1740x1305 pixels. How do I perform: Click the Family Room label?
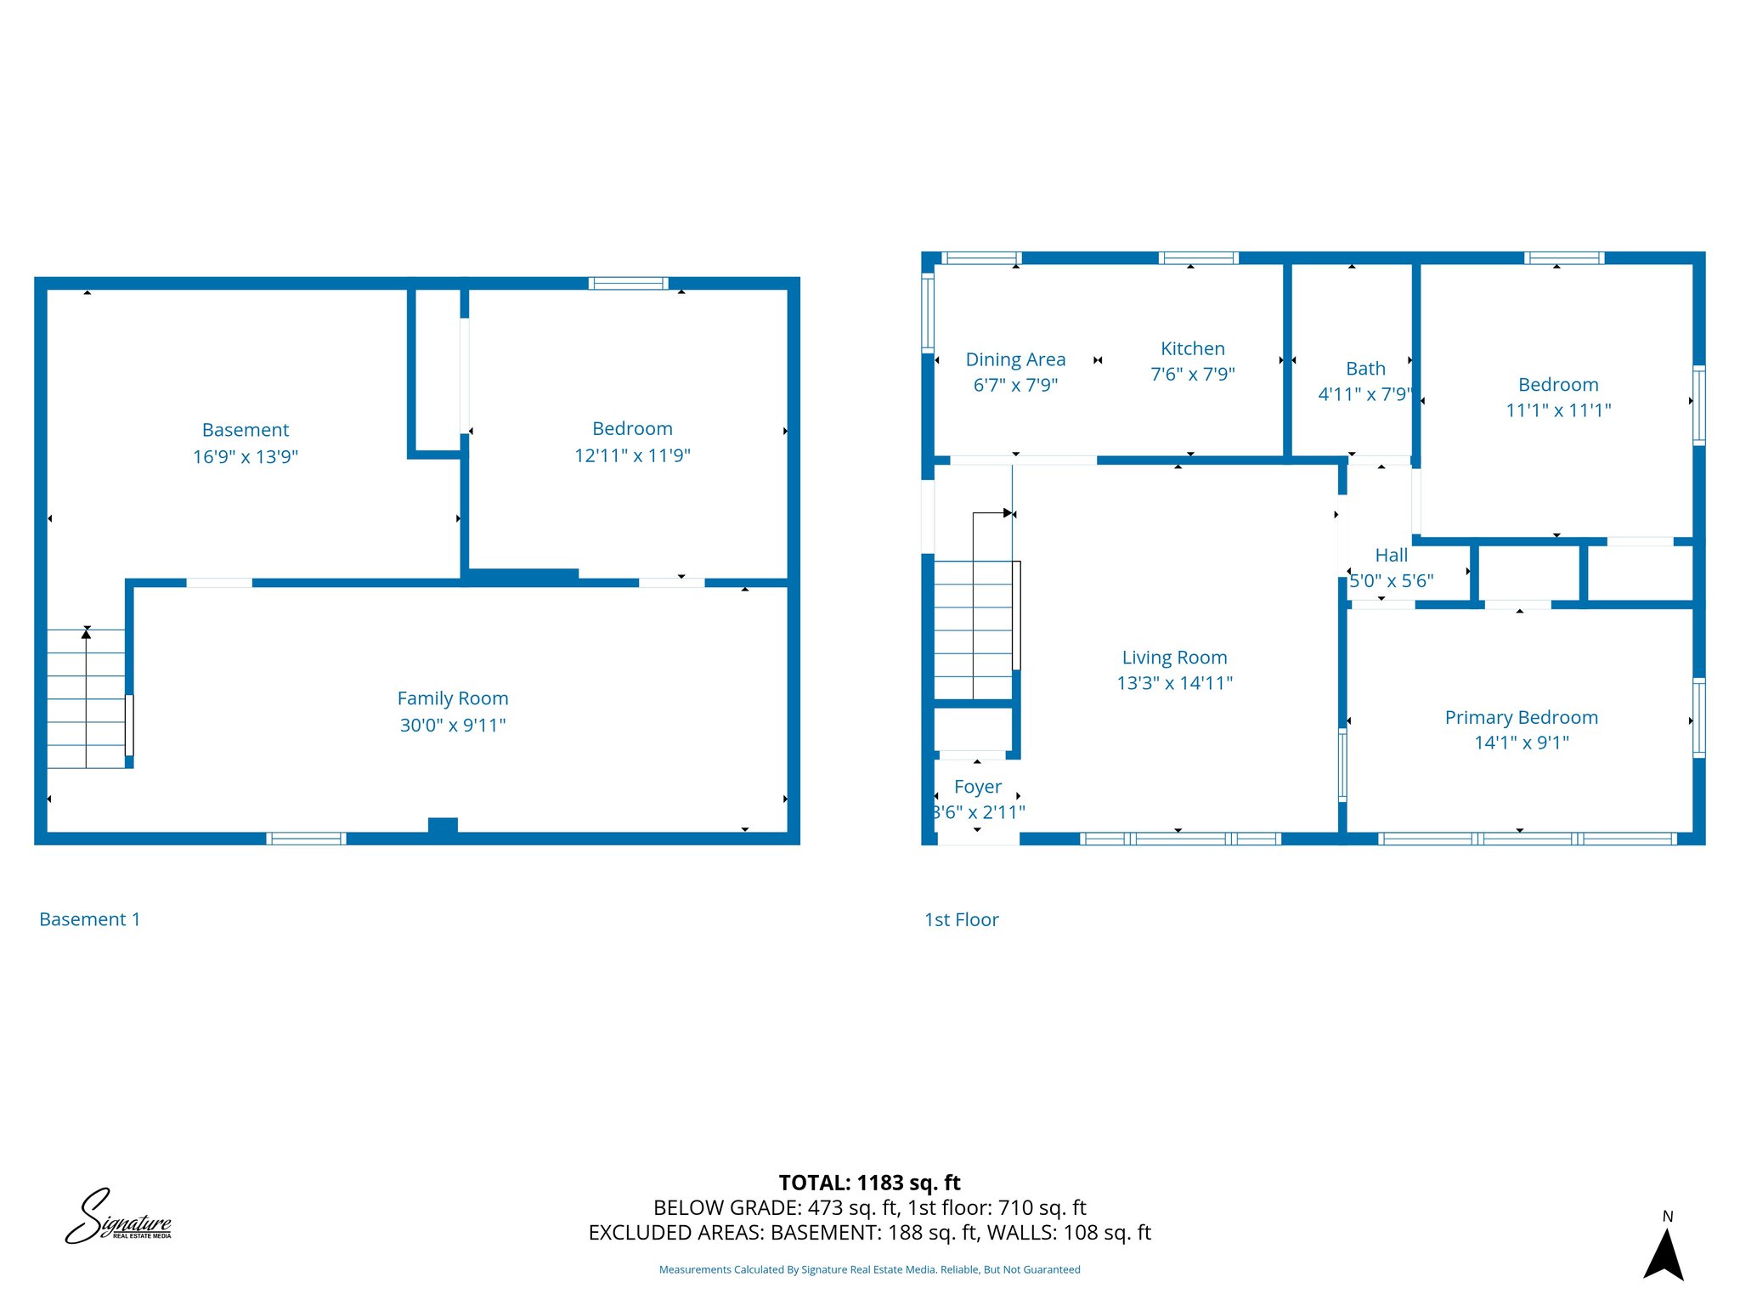point(453,698)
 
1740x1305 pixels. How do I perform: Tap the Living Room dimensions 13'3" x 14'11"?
point(1174,683)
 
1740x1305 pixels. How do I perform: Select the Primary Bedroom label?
point(1521,718)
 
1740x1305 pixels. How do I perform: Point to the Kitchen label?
point(1192,349)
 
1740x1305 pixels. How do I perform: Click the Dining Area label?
point(1015,360)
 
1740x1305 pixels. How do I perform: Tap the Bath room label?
point(1365,369)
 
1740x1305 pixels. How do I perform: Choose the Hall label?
point(1391,556)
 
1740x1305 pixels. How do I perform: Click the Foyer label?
point(977,787)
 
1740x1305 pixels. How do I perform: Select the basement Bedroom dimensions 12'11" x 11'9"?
point(632,455)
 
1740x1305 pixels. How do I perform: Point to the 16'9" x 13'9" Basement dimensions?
point(246,457)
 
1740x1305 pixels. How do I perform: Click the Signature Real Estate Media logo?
point(118,1217)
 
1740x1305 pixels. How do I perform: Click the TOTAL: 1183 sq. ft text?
point(869,1183)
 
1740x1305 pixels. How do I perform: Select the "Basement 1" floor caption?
point(89,919)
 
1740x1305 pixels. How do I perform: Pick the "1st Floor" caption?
point(961,920)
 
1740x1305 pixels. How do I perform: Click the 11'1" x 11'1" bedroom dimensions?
point(1558,410)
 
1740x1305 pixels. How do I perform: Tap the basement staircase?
point(86,698)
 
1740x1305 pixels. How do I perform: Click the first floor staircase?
point(974,630)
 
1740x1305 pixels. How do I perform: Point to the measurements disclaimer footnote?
point(869,1270)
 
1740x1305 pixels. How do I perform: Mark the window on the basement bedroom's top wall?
point(629,284)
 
